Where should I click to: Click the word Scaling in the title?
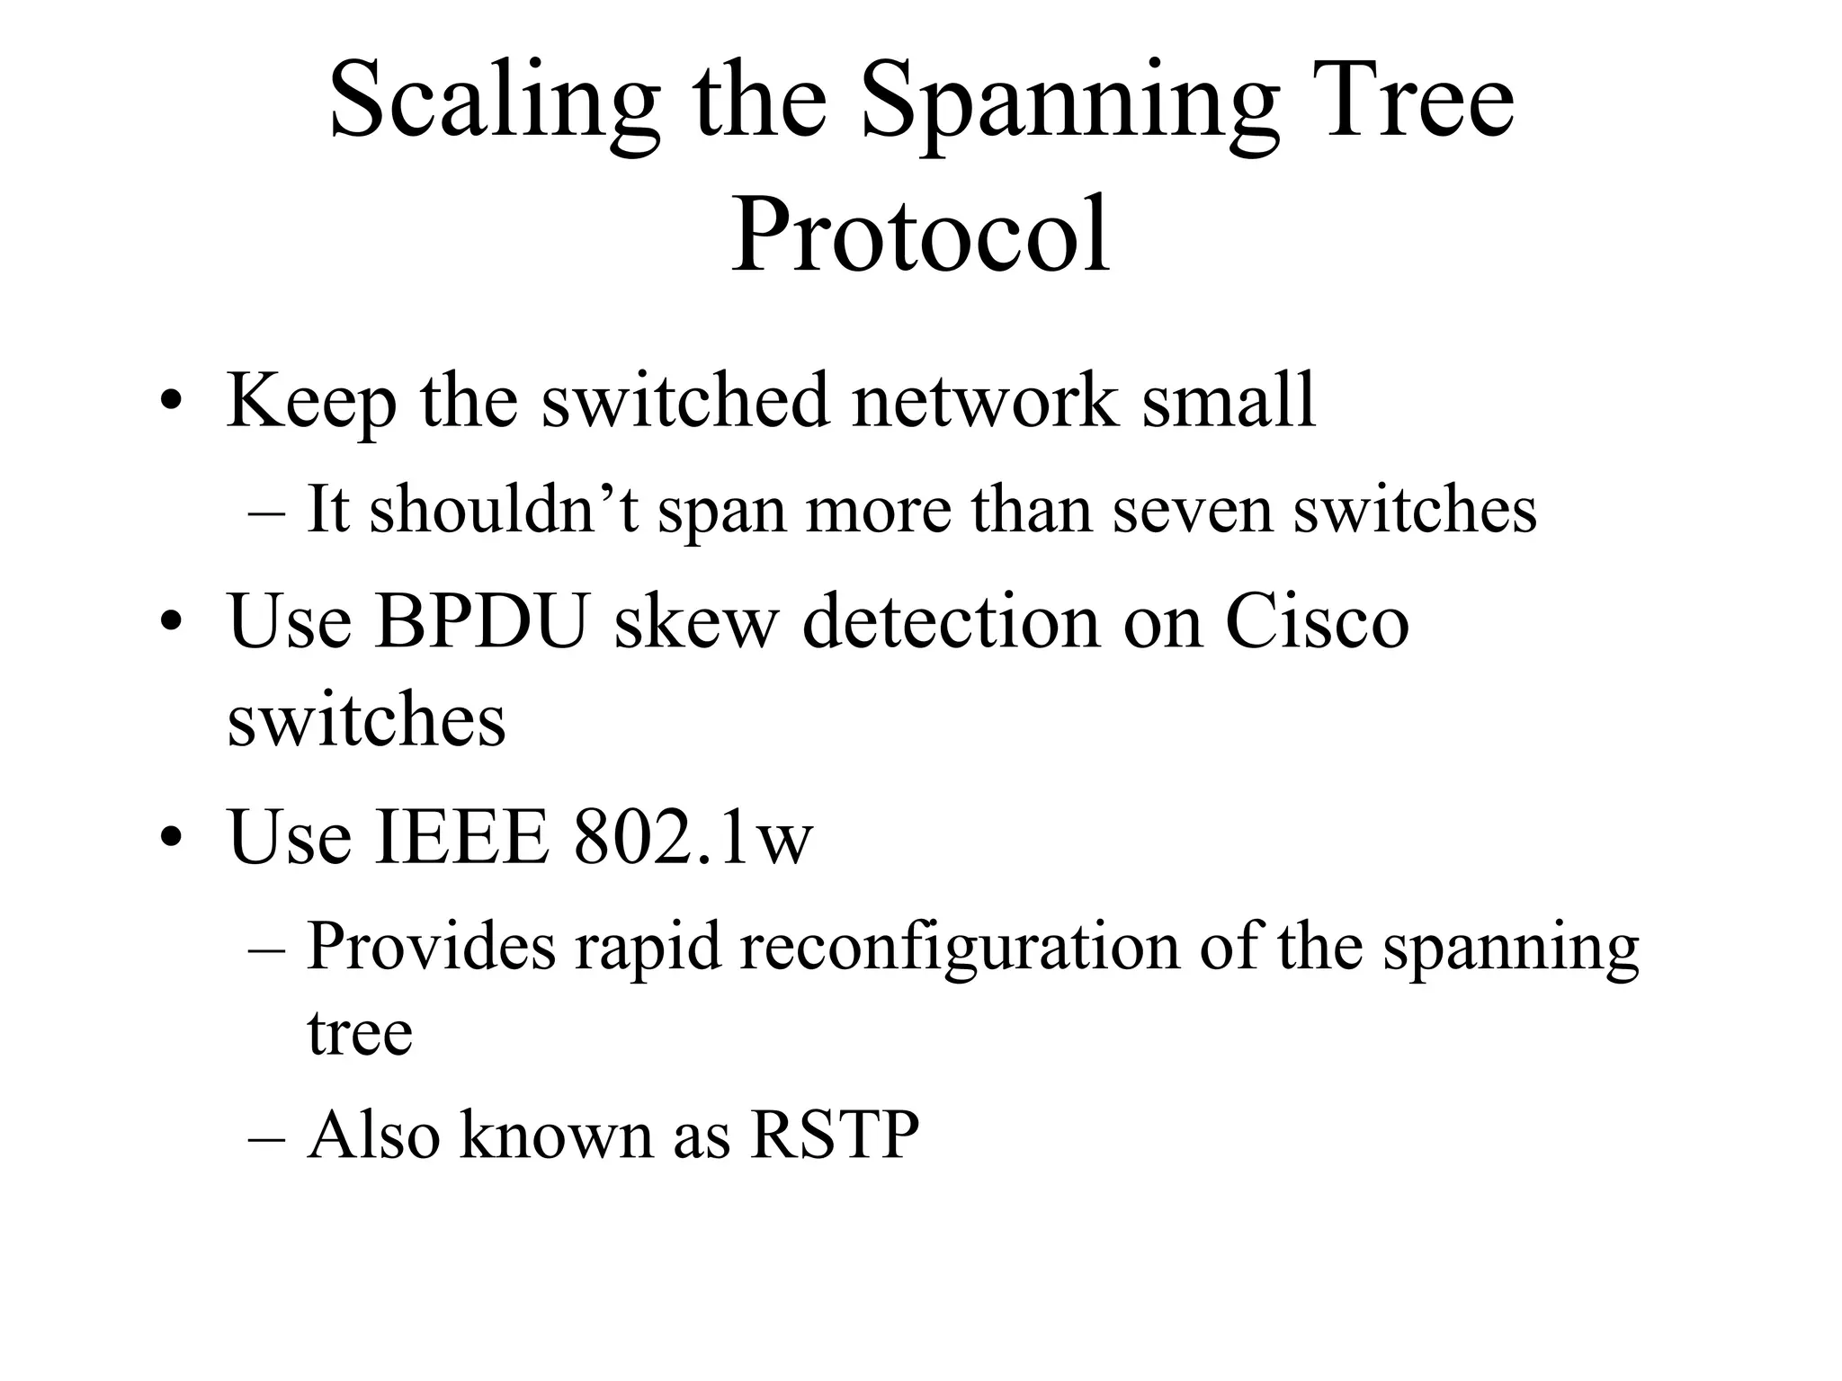point(494,101)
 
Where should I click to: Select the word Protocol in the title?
point(919,235)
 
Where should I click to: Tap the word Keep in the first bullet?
point(311,400)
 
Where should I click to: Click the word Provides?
point(431,947)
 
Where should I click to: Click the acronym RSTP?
point(835,1135)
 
